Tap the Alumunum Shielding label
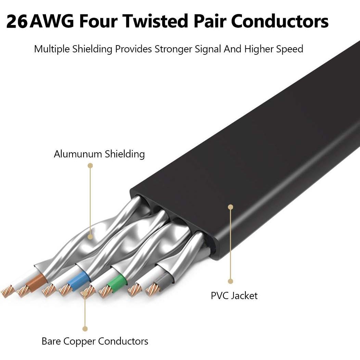(99, 154)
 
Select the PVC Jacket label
(234, 296)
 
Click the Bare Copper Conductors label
(95, 341)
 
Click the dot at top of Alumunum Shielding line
(90, 166)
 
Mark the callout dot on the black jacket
(231, 207)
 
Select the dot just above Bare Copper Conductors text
(85, 329)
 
